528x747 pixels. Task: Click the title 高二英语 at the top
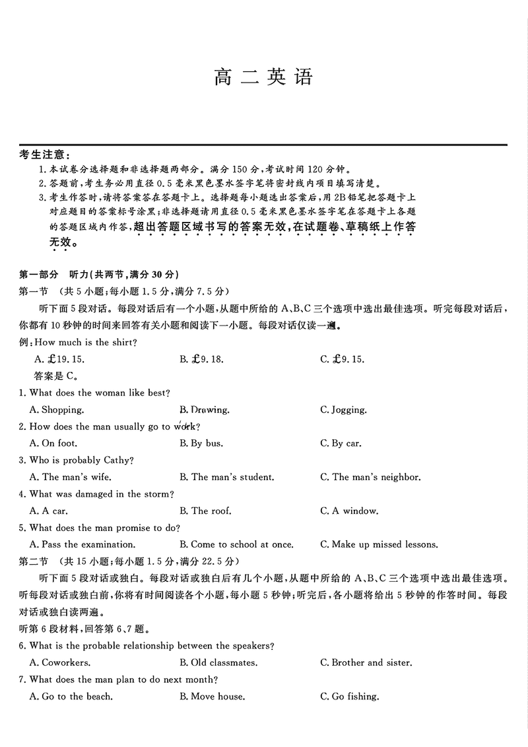point(263,78)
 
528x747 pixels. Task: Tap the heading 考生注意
point(45,155)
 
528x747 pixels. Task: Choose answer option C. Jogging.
point(343,409)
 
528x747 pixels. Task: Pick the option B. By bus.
point(201,443)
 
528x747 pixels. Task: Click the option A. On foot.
point(53,443)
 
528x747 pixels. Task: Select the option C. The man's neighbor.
point(370,477)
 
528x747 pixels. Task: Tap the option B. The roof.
point(205,511)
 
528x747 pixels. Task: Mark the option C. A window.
point(349,511)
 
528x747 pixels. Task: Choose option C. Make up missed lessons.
point(379,545)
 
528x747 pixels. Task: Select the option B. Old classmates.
point(218,662)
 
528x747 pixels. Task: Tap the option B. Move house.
point(212,696)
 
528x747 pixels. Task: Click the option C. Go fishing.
point(350,696)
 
